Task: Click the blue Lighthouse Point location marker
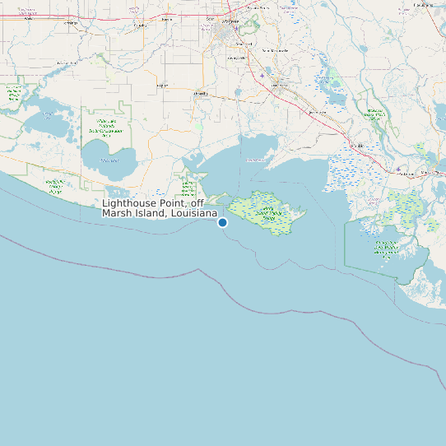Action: (222, 222)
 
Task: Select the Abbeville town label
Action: (200, 95)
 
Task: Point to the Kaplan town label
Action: (161, 85)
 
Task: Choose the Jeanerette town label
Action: (317, 111)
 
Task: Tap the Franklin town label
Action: (355, 145)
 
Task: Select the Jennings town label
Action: (71, 23)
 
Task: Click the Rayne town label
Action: (166, 18)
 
